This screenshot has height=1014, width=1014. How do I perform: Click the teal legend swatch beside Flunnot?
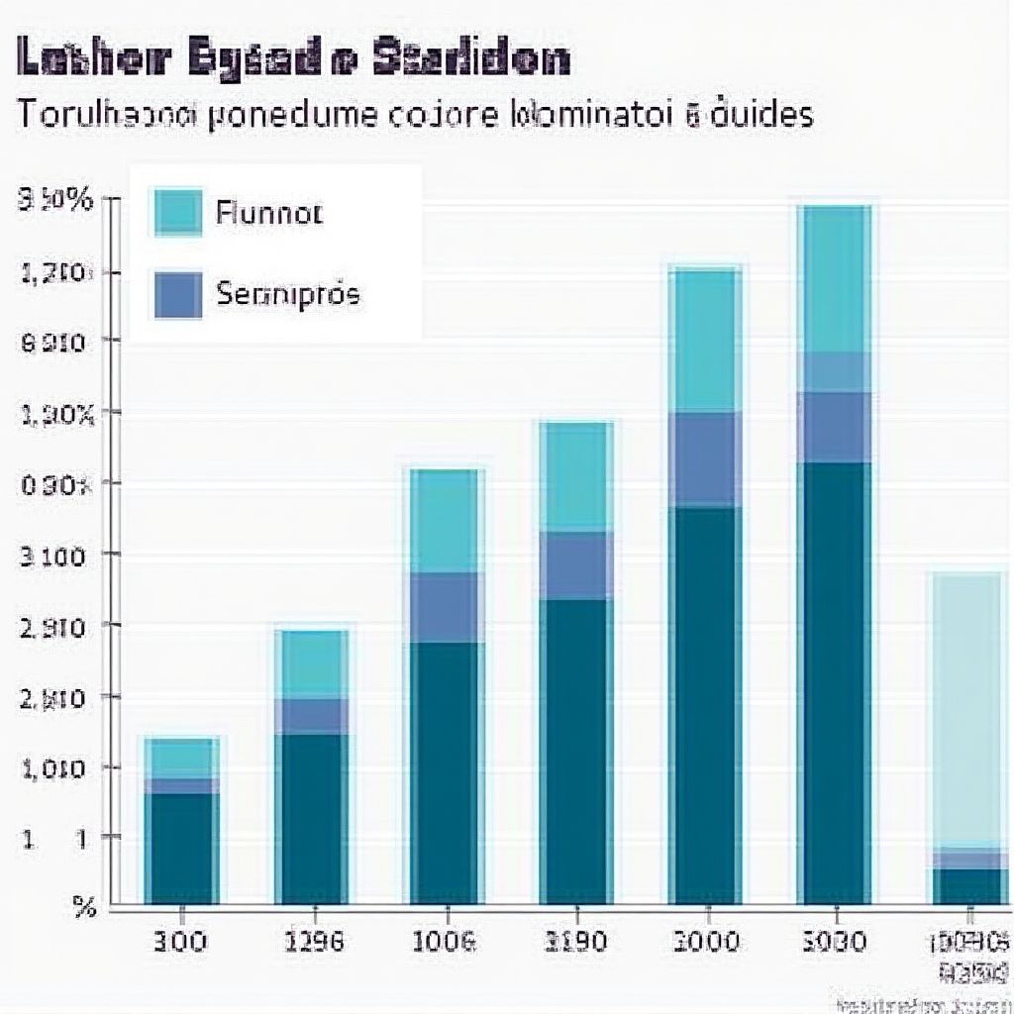178,212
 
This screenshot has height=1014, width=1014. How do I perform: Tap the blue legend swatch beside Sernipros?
178,295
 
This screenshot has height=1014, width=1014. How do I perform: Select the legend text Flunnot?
268,213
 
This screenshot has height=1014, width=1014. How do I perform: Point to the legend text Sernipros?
287,294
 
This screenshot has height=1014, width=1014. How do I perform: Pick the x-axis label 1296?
313,941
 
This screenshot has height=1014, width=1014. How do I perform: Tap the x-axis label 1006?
444,941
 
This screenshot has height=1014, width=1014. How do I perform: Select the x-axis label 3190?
575,941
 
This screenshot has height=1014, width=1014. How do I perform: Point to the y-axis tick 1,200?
57,272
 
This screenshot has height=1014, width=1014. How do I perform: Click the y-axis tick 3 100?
57,555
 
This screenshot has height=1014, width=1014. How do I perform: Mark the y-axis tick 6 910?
57,343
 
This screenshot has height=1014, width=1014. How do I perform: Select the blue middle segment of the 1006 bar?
447,607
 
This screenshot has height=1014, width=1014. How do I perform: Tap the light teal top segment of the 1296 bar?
313,664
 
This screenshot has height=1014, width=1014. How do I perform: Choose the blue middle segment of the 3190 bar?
575,565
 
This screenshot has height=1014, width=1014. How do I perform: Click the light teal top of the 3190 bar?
575,477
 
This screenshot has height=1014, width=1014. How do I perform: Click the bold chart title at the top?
294,60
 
